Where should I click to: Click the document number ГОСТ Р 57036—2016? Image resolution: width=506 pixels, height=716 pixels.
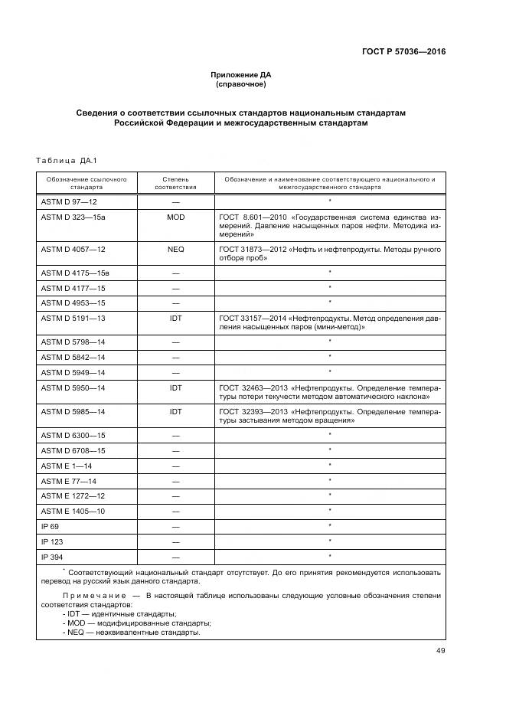tap(403, 52)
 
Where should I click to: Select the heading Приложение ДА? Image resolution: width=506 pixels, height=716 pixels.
tap(240, 75)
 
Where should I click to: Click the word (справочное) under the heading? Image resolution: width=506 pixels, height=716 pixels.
tap(240, 84)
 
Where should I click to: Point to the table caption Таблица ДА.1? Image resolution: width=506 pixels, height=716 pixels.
tap(64, 160)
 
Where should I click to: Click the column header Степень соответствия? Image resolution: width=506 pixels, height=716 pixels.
tap(175, 182)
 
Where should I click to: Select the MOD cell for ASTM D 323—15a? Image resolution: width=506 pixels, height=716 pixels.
tap(175, 217)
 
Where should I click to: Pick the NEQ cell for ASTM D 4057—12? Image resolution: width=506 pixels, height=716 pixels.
tap(175, 250)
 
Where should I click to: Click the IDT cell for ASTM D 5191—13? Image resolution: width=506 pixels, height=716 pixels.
tap(175, 318)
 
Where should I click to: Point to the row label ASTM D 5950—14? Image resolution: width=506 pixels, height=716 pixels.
tap(73, 388)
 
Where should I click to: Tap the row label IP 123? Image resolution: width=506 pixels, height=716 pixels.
tap(52, 541)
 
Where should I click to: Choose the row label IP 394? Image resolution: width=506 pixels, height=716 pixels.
tap(52, 557)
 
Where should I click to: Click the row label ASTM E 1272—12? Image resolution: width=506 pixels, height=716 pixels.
tap(74, 496)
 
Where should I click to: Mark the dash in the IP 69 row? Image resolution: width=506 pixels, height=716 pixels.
tap(175, 527)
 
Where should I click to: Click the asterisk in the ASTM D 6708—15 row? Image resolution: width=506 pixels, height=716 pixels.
tap(329, 450)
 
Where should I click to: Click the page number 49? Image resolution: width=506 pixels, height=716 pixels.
tap(440, 651)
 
